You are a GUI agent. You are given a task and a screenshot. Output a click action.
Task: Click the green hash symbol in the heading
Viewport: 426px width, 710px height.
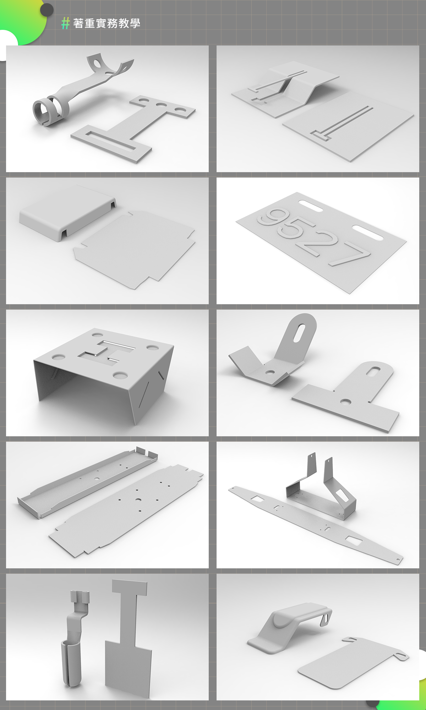click(65, 23)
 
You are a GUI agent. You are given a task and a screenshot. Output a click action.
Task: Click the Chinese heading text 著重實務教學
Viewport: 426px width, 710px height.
click(107, 23)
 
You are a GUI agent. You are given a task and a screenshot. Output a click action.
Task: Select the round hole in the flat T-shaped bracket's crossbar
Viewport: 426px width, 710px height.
click(345, 402)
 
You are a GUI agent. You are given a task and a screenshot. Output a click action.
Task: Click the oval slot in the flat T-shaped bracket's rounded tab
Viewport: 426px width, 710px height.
click(373, 372)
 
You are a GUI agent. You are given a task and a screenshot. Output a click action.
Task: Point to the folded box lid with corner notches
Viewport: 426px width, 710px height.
click(67, 213)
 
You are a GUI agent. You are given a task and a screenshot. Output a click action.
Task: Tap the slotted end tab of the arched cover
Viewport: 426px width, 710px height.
click(326, 619)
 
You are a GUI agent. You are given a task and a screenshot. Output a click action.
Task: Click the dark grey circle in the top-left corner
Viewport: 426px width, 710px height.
click(47, 10)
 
